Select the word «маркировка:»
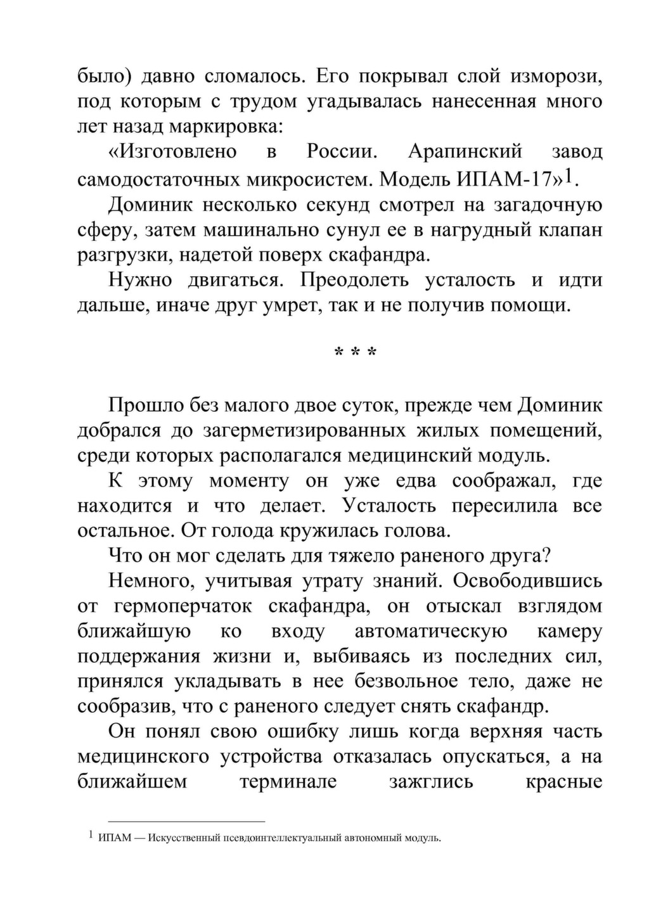226,127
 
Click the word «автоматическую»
430,632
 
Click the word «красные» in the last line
563,781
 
